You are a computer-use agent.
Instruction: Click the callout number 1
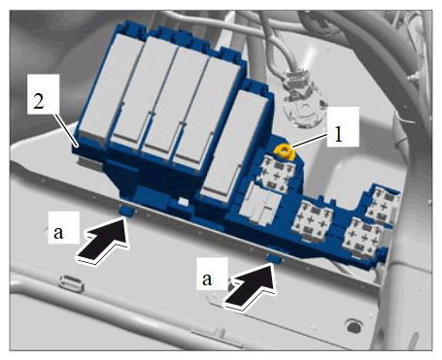(x=338, y=136)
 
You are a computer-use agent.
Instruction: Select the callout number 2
(x=39, y=101)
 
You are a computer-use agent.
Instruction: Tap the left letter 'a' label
(x=58, y=232)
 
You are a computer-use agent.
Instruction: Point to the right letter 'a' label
(x=207, y=278)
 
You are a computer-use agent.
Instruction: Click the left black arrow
(x=103, y=239)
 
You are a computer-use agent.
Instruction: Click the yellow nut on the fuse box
(x=284, y=151)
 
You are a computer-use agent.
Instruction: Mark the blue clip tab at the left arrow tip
(x=126, y=211)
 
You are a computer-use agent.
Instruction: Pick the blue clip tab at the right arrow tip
(x=275, y=258)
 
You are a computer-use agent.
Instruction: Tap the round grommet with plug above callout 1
(x=302, y=103)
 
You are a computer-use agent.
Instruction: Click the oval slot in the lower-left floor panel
(x=71, y=283)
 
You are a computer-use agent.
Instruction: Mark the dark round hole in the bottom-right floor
(x=354, y=327)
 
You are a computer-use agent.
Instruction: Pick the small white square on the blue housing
(x=184, y=202)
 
